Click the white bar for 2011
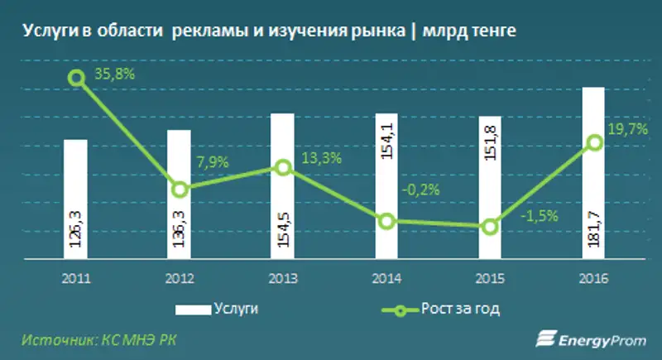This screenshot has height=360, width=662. pos(76,199)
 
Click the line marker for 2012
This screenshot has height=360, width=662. pos(180,190)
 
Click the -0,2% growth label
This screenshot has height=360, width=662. pos(421,190)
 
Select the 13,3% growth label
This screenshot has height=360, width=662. pos(318,159)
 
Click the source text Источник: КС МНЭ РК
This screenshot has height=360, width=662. pos(98,339)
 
